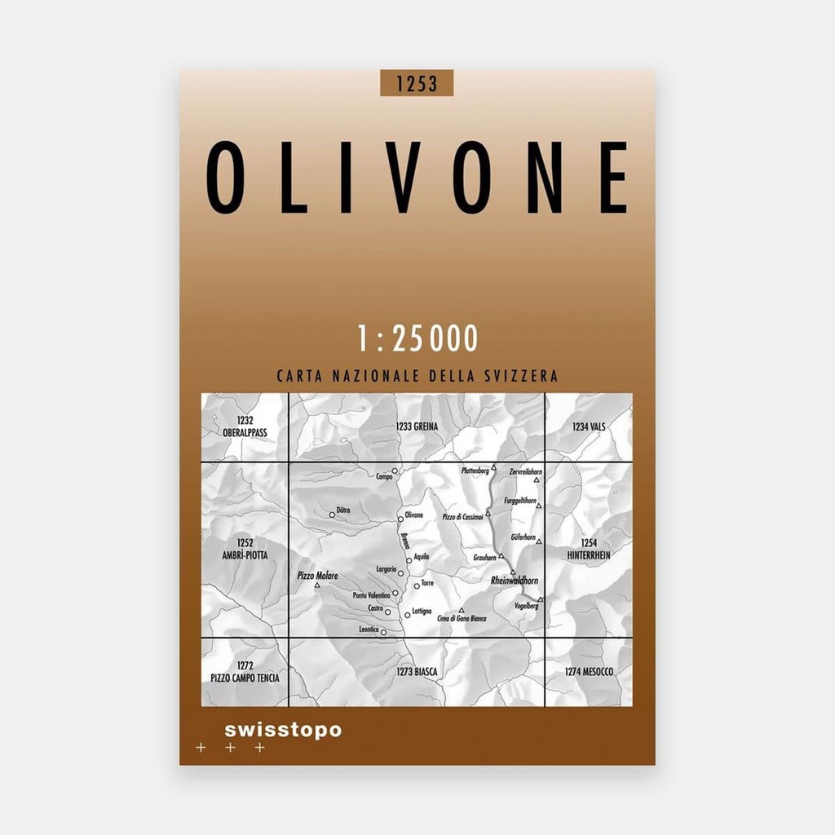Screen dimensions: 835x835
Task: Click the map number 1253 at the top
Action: pos(416,83)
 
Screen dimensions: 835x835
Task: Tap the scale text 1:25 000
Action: pos(417,338)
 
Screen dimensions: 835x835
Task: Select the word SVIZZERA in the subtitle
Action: pos(524,377)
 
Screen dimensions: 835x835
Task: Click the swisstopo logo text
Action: pos(282,730)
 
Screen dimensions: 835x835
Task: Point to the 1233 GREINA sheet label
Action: pos(417,426)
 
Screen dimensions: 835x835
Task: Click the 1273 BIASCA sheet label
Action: pos(417,671)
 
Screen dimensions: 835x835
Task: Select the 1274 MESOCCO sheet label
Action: pos(589,671)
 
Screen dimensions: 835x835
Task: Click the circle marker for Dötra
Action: pos(332,514)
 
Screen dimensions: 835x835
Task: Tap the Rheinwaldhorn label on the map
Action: pos(515,581)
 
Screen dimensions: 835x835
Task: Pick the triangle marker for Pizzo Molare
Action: pos(317,585)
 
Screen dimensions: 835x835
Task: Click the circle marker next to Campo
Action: pos(395,471)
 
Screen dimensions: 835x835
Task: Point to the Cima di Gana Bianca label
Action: pos(462,619)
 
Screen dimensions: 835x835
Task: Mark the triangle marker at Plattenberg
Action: pos(493,467)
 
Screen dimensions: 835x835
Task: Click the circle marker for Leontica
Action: pos(383,631)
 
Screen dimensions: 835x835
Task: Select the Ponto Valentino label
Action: pos(371,595)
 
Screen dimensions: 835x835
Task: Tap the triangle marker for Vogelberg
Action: pos(540,599)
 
